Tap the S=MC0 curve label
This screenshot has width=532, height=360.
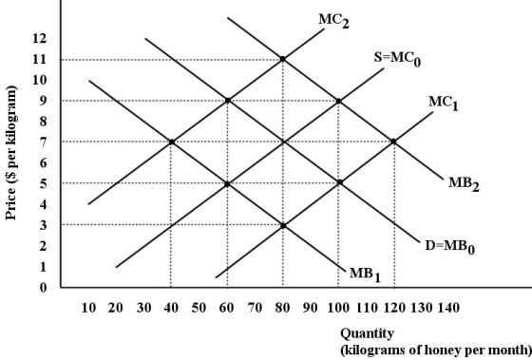click(396, 59)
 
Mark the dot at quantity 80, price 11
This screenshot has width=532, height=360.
click(282, 60)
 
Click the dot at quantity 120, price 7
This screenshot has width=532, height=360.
click(393, 142)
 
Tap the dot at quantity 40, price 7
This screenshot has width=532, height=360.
click(171, 142)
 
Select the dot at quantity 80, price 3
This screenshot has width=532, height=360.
click(282, 224)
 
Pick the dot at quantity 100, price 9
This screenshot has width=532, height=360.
click(338, 101)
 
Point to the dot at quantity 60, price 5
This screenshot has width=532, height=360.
click(227, 183)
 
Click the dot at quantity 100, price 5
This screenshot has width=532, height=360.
click(338, 183)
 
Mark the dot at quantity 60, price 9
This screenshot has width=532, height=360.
click(227, 101)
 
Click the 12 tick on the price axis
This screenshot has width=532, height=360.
click(39, 39)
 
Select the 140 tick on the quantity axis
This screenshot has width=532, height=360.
click(447, 309)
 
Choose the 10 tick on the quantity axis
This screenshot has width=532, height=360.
click(88, 309)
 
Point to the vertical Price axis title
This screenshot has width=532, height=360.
click(13, 152)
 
